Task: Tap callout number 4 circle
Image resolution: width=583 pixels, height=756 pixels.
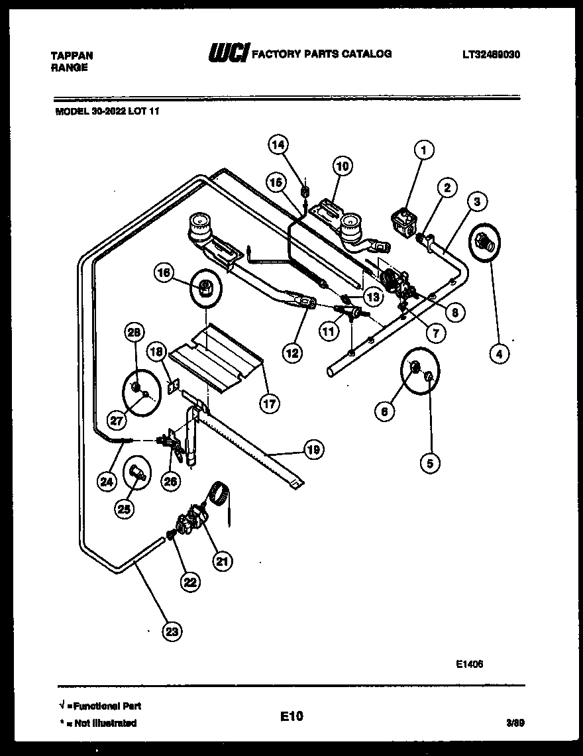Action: pyautogui.click(x=499, y=354)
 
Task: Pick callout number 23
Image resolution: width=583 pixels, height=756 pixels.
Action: pyautogui.click(x=172, y=631)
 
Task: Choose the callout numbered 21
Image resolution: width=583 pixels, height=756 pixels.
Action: pyautogui.click(x=223, y=562)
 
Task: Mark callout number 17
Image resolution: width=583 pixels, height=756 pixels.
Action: pyautogui.click(x=269, y=403)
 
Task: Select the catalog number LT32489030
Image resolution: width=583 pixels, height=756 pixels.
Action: pyautogui.click(x=490, y=55)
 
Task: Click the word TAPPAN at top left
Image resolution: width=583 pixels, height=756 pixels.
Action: pyautogui.click(x=72, y=56)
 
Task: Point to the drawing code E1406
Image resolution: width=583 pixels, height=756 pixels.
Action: pyautogui.click(x=469, y=662)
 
